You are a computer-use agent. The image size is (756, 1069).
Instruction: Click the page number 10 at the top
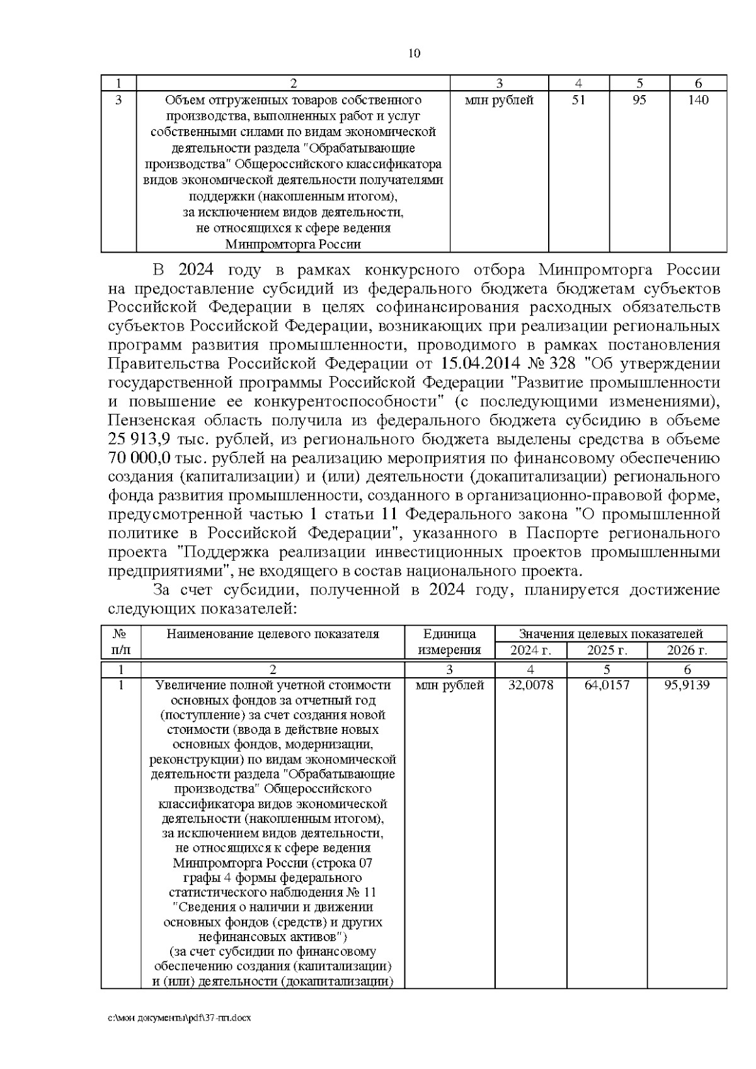pos(414,53)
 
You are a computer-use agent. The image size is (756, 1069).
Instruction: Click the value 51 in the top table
pos(578,100)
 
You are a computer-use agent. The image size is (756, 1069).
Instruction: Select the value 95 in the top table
pos(639,100)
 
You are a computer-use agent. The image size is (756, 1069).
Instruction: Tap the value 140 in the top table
pos(698,100)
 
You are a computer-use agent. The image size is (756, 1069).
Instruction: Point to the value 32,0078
pos(530,685)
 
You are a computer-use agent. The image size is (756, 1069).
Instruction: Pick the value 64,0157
pos(607,685)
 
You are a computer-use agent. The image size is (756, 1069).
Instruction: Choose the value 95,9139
pos(687,685)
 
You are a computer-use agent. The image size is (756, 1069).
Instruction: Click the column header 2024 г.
pos(530,651)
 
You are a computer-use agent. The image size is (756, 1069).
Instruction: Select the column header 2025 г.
pos(607,651)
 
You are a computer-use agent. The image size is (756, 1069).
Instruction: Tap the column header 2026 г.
pos(687,651)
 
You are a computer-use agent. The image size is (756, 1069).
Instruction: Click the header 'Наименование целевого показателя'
pos(273,634)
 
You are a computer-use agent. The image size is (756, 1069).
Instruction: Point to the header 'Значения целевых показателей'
pos(610,634)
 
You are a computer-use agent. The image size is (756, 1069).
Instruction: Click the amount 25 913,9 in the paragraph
pos(139,439)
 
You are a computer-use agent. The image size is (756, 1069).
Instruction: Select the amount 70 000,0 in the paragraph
pos(140,458)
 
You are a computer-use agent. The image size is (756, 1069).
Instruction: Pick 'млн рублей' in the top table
pos(498,100)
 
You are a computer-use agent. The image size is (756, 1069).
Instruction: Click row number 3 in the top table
pos(118,100)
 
